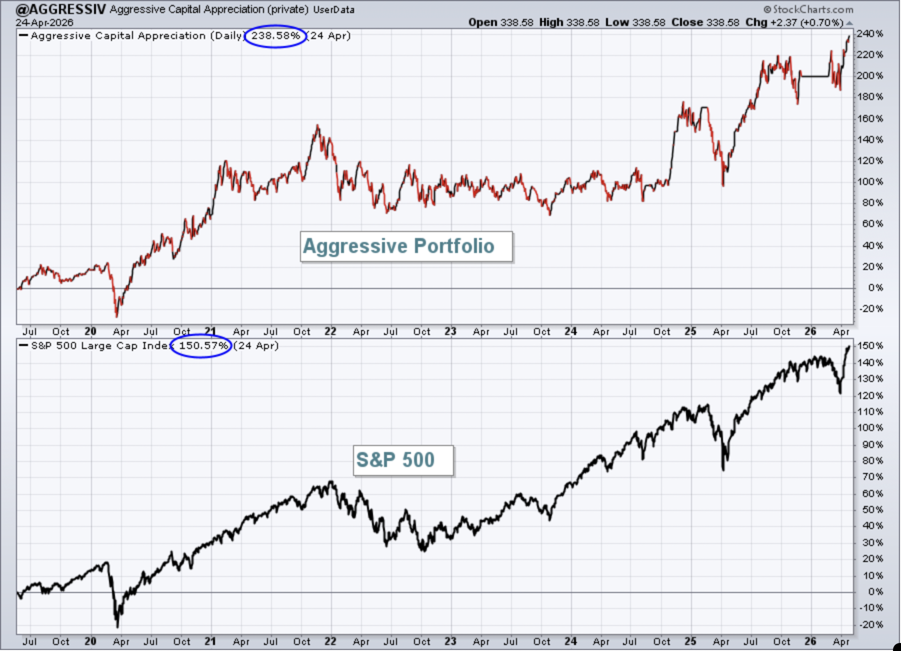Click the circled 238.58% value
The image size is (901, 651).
pyautogui.click(x=275, y=36)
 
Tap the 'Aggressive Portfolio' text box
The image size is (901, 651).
pyautogui.click(x=406, y=246)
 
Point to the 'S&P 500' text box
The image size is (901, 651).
pyautogui.click(x=403, y=460)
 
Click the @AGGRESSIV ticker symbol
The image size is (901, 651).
pyautogui.click(x=60, y=9)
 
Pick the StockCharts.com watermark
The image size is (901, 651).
pyautogui.click(x=808, y=9)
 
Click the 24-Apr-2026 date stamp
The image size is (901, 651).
pyautogui.click(x=44, y=22)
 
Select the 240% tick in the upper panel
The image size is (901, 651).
pyautogui.click(x=870, y=34)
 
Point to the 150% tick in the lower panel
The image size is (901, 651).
pyautogui.click(x=870, y=345)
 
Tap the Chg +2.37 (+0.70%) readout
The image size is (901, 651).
pyautogui.click(x=794, y=22)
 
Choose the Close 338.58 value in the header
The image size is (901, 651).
pyautogui.click(x=705, y=22)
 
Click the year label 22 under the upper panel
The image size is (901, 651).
pyautogui.click(x=330, y=331)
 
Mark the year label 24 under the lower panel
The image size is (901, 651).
pyautogui.click(x=570, y=641)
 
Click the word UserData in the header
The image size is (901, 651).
pyautogui.click(x=333, y=9)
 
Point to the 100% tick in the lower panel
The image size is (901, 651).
pyautogui.click(x=870, y=428)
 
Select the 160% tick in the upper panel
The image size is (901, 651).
pyautogui.click(x=870, y=118)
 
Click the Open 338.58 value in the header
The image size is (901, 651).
pyautogui.click(x=501, y=22)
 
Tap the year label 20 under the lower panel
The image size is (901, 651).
pyautogui.click(x=90, y=641)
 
